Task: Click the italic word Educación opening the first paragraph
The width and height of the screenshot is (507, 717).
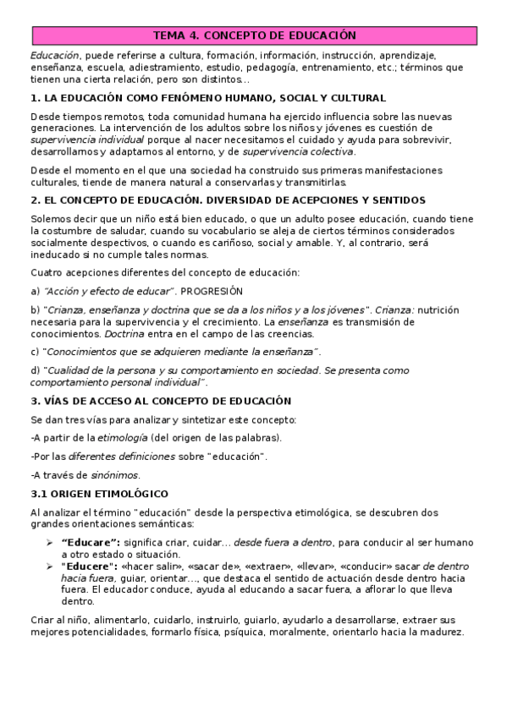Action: tap(49, 54)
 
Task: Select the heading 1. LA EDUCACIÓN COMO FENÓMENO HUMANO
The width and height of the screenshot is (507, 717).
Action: tap(207, 97)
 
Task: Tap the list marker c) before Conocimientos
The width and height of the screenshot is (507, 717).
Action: tap(35, 351)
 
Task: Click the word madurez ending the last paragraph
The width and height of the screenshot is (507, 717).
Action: tap(440, 633)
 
